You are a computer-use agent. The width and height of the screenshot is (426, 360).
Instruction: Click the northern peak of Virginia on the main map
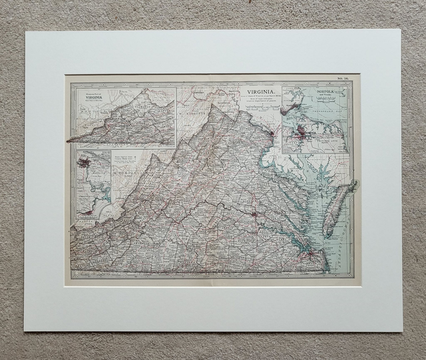point(214,106)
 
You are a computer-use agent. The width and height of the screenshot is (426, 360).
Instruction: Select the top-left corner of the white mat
point(26,31)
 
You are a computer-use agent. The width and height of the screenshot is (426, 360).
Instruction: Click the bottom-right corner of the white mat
point(402,330)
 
